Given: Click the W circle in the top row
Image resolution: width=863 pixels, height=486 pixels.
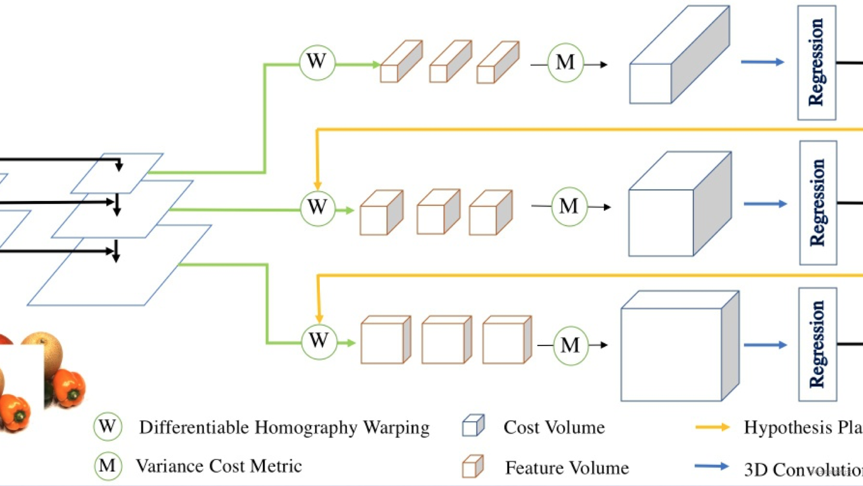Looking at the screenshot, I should [x=317, y=63].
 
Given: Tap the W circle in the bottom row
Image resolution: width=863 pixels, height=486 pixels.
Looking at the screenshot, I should [x=319, y=342].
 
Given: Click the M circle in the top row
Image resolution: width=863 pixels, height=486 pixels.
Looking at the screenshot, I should [x=566, y=63].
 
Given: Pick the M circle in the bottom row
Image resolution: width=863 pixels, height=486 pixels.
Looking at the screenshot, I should [x=570, y=346].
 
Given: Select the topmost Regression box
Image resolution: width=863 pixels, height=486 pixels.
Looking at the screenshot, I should [x=816, y=63].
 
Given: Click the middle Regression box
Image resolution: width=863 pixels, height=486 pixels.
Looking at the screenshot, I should [x=818, y=203].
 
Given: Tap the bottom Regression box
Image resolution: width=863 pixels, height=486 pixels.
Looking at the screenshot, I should [x=817, y=344].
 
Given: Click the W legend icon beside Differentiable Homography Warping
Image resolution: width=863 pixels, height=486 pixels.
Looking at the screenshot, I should [x=108, y=426].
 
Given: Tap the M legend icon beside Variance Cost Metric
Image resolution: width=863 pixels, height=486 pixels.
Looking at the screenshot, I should [x=108, y=466].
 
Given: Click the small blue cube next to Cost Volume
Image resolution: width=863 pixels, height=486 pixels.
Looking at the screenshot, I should [x=473, y=426].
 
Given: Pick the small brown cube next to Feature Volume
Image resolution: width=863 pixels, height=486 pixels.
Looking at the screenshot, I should [x=473, y=466].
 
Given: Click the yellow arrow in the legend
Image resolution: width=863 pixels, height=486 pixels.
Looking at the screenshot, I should [x=712, y=427].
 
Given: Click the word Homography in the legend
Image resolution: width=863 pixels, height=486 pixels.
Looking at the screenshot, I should [x=306, y=428].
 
